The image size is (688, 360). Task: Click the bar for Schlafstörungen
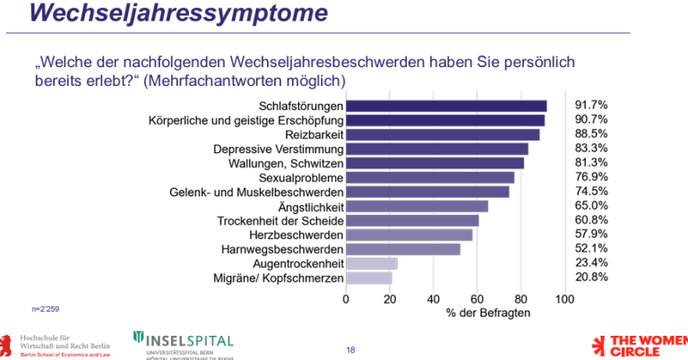click(446, 106)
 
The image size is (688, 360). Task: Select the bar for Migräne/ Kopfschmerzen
click(369, 278)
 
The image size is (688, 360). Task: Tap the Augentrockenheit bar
click(372, 263)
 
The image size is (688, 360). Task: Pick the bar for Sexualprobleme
click(430, 177)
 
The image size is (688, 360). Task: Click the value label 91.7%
click(591, 105)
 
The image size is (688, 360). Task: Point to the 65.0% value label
click(591, 205)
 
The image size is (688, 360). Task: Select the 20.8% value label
click(591, 277)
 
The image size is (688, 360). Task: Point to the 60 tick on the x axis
click(477, 298)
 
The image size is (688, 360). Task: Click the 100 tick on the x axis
click(564, 298)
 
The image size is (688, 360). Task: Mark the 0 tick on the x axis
click(347, 298)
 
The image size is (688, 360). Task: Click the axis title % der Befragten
click(488, 313)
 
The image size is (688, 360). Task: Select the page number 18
click(350, 348)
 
